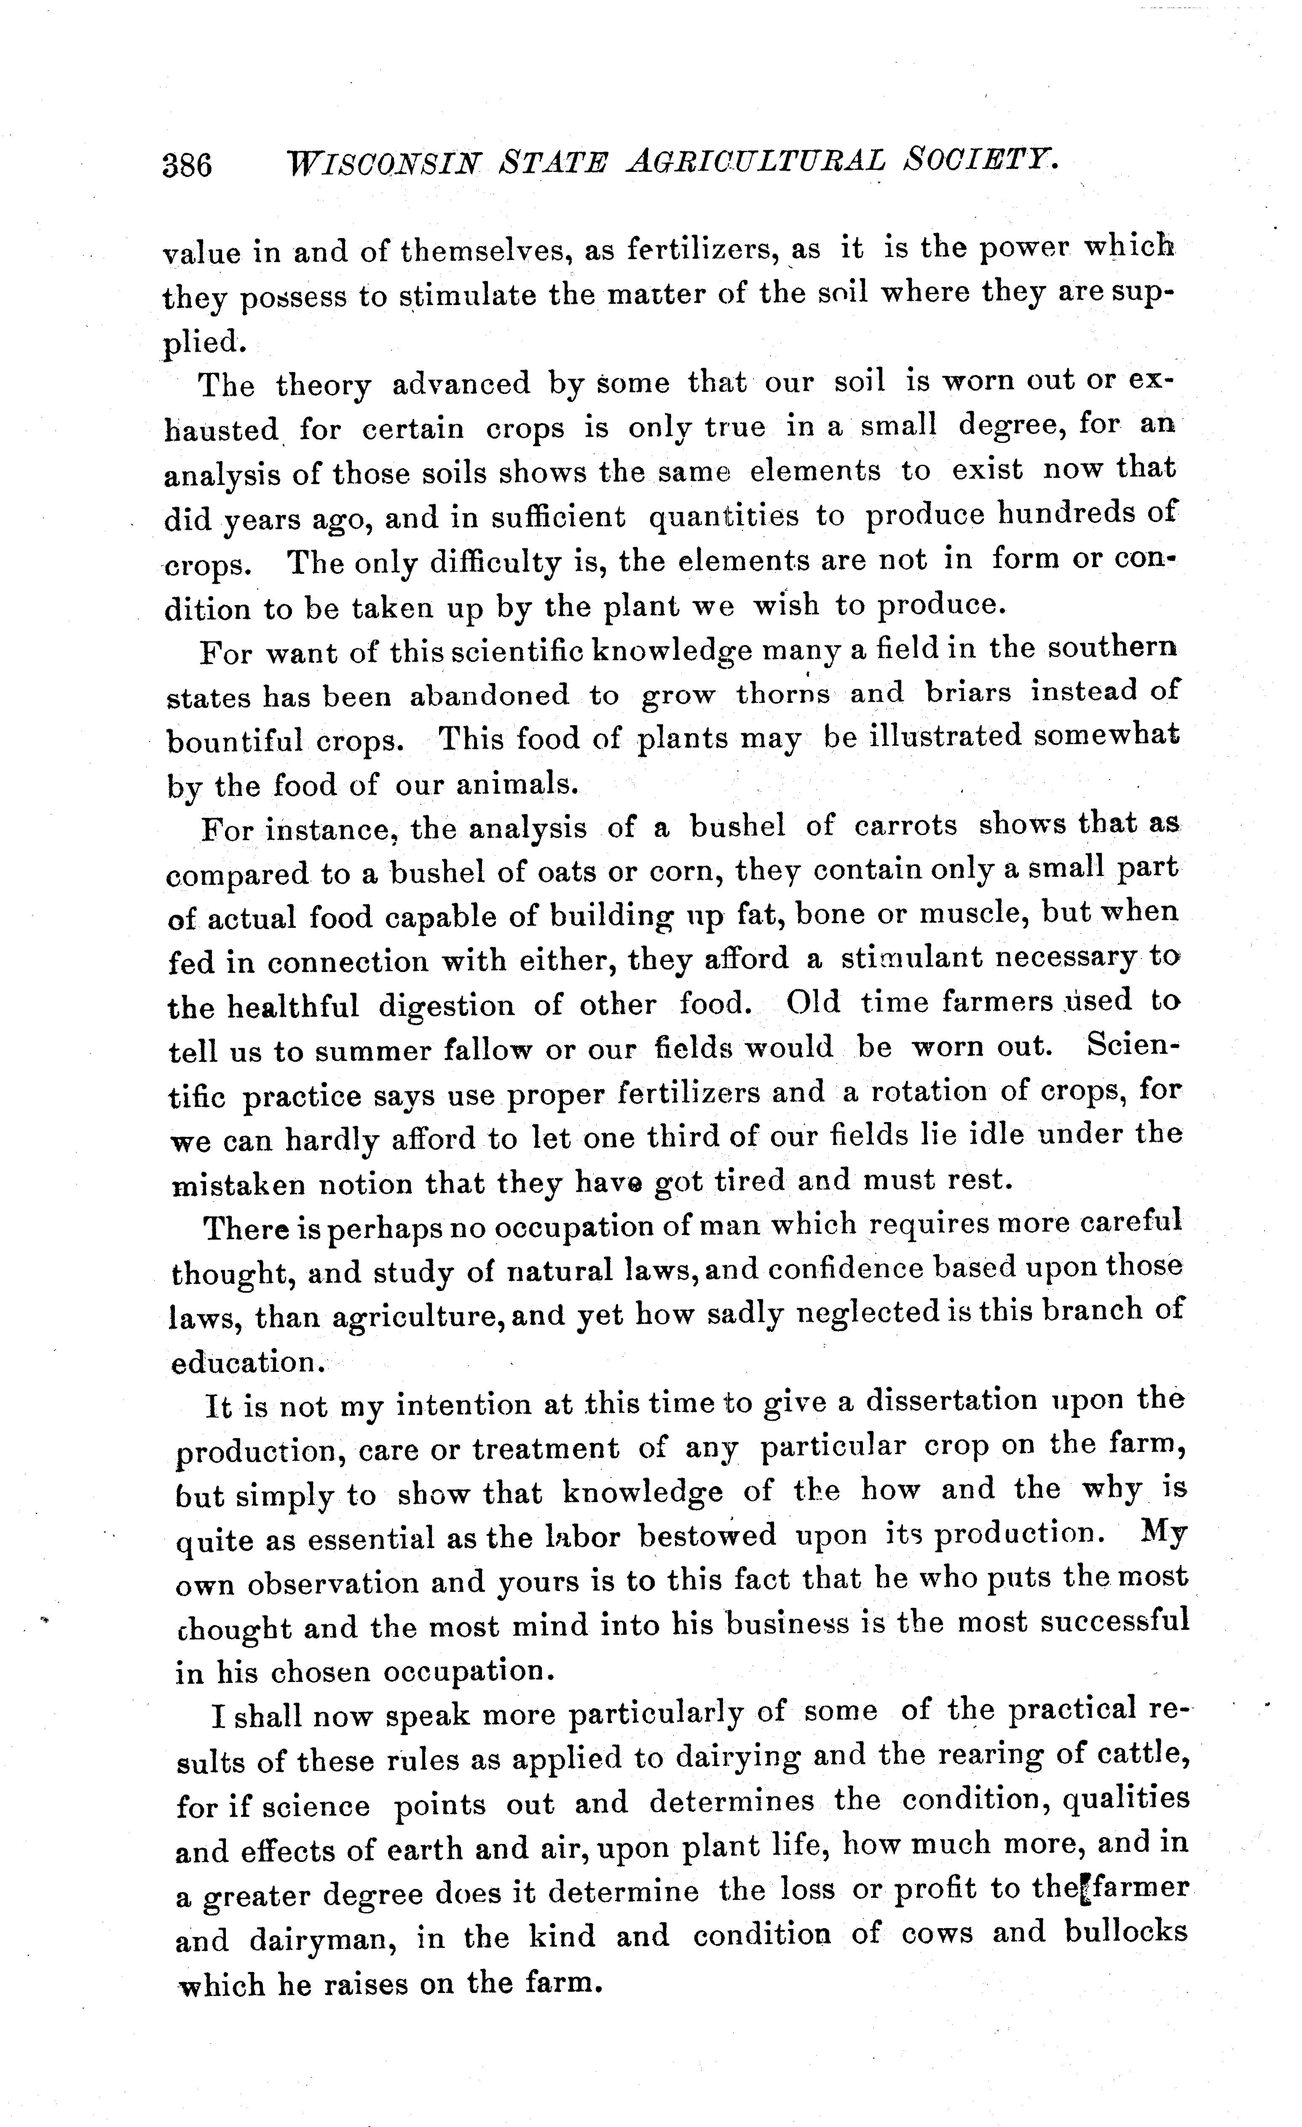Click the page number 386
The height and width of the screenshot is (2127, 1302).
[x=187, y=164]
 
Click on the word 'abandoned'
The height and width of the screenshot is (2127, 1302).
[x=490, y=695]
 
